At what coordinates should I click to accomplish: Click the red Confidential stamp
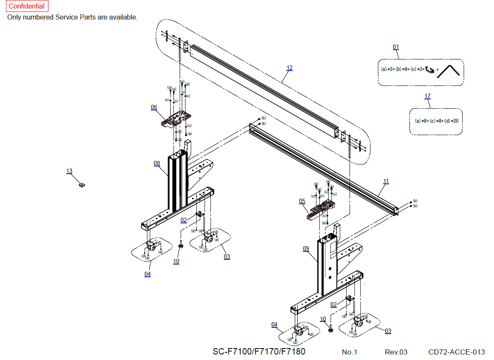point(27,6)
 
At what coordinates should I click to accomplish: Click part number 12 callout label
point(289,68)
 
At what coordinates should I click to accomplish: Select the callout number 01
point(396,47)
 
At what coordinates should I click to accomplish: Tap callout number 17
point(427,96)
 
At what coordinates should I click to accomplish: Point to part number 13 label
point(69,171)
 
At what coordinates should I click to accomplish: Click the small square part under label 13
point(82,185)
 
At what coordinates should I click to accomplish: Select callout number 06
point(154,107)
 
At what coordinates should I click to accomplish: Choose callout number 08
point(157,163)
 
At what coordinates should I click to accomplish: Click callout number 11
point(386,181)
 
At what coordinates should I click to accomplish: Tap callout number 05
point(302,201)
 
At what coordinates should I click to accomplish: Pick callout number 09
point(306,249)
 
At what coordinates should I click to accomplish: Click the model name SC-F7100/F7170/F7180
point(259,352)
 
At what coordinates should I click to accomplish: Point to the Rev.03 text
point(396,352)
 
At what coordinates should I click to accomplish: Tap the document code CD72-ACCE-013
point(457,352)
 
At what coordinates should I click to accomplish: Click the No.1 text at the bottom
point(350,352)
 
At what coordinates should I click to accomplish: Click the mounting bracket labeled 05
point(321,209)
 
